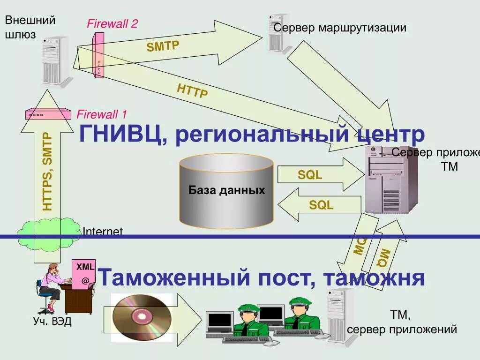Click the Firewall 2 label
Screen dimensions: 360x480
coord(112,24)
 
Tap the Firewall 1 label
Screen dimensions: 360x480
coord(102,114)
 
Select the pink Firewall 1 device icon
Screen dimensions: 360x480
coord(48,114)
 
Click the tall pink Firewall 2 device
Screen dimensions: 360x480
coord(98,54)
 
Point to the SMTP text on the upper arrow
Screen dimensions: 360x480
coord(163,45)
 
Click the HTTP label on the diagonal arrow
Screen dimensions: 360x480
coord(192,90)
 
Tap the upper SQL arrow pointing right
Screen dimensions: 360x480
coord(319,175)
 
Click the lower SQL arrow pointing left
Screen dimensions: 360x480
coord(319,205)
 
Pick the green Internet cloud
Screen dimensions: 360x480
coord(49,232)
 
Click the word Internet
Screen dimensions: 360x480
coord(103,231)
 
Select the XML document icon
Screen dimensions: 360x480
coord(84,272)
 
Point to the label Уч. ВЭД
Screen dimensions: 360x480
coord(52,322)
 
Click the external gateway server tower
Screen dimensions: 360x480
coord(55,61)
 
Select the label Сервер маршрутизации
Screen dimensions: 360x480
coord(340,28)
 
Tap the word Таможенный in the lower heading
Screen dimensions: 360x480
coord(173,277)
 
